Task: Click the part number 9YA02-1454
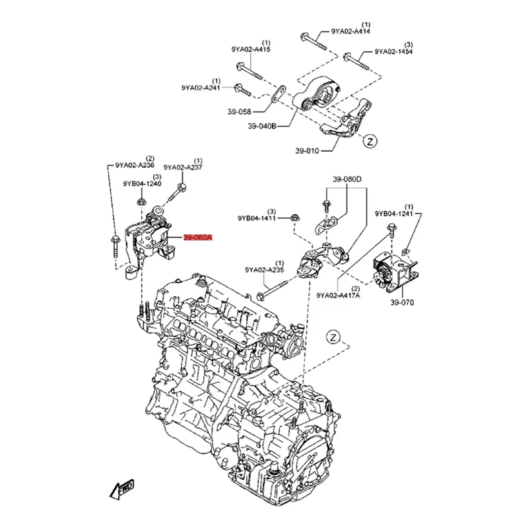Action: (394, 51)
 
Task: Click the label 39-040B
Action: (263, 126)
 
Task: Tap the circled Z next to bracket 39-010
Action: (370, 141)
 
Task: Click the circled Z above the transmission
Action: (335, 337)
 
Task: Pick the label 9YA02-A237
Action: (183, 168)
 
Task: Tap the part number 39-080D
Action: (347, 180)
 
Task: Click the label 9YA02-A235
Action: (264, 269)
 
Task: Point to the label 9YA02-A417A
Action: (338, 296)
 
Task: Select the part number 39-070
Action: (401, 303)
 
